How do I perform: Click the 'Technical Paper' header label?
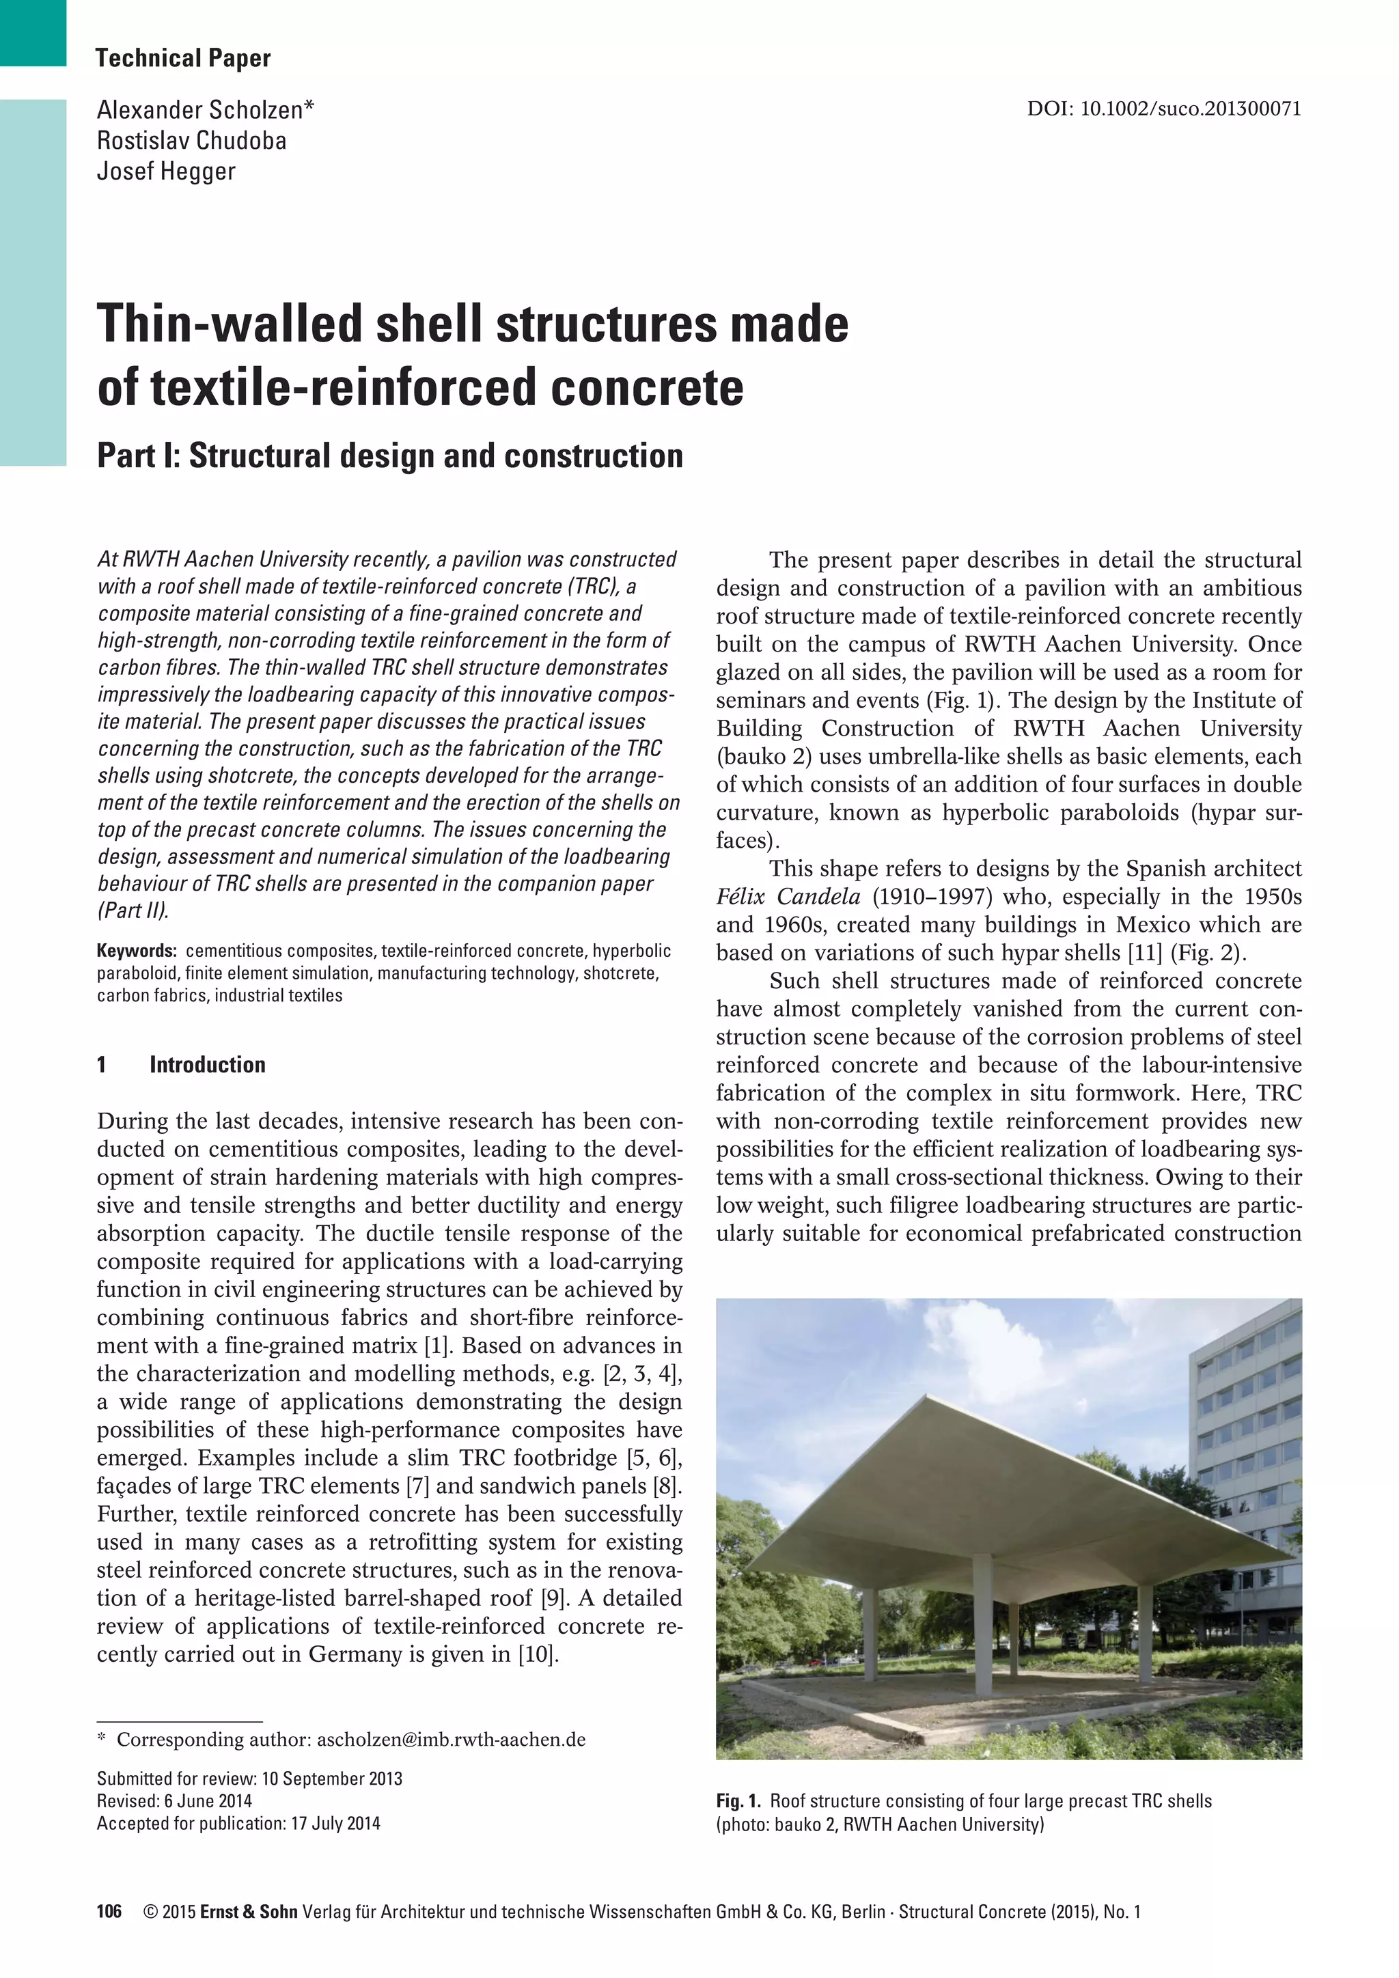coord(182,59)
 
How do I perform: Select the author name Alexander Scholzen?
coord(204,110)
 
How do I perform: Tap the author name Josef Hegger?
coord(165,171)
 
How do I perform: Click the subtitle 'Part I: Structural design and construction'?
coord(389,456)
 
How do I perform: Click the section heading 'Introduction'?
coord(207,1065)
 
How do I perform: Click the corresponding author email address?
coord(451,1740)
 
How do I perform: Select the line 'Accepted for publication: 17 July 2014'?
coord(238,1824)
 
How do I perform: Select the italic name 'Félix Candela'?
coord(788,897)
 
